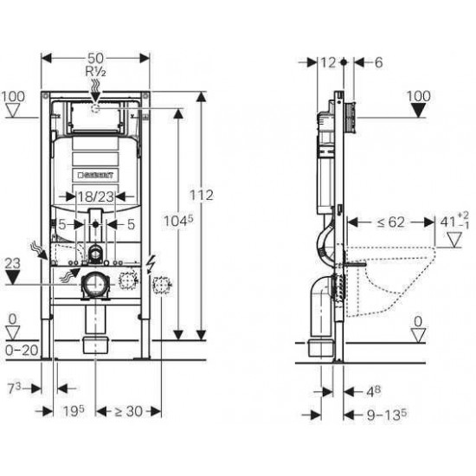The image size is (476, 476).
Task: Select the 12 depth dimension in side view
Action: (327, 61)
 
